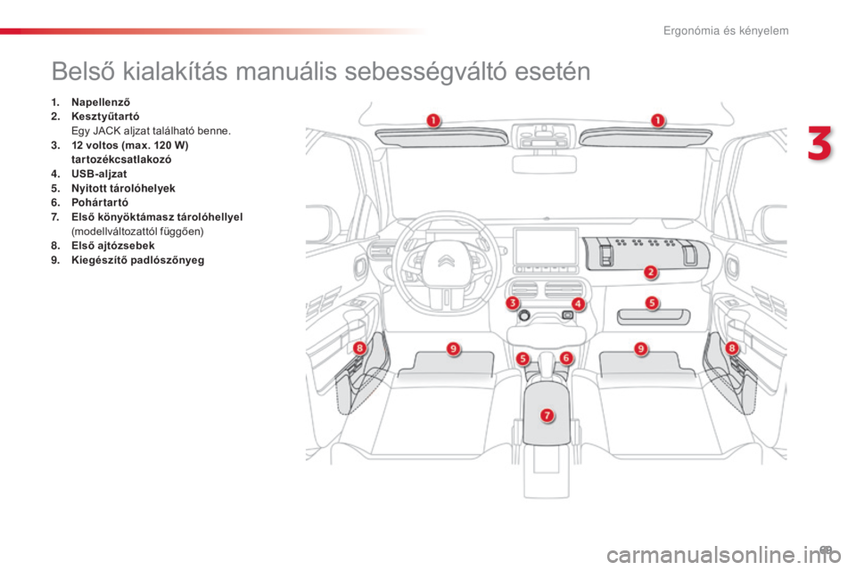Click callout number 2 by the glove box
[650, 272]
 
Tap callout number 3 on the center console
[512, 303]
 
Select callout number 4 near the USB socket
[578, 304]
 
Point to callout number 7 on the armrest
[547, 415]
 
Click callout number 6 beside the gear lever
[566, 358]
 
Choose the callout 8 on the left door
[359, 347]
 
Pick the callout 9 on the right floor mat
[641, 348]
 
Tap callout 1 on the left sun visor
[433, 120]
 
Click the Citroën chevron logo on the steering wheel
[447, 261]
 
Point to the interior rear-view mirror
[544, 164]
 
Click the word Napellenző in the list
[101, 102]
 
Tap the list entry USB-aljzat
[99, 174]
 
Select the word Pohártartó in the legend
[100, 202]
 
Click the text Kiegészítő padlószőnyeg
[138, 260]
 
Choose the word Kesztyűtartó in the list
[105, 117]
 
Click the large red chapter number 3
[820, 143]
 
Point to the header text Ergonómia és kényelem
[726, 30]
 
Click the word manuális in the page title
[286, 71]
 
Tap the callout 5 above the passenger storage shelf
[652, 303]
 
